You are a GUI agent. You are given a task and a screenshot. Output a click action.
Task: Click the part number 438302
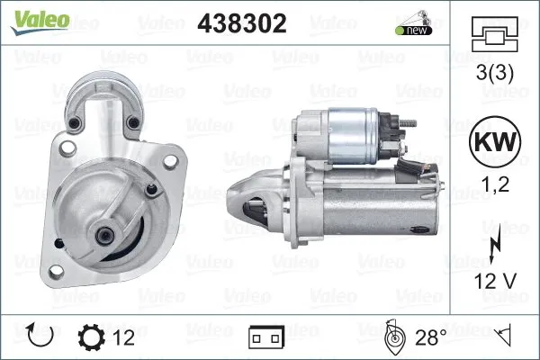241,24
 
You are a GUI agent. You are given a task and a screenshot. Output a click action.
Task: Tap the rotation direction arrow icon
41,337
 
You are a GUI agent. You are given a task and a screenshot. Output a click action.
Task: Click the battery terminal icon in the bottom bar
266,337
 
